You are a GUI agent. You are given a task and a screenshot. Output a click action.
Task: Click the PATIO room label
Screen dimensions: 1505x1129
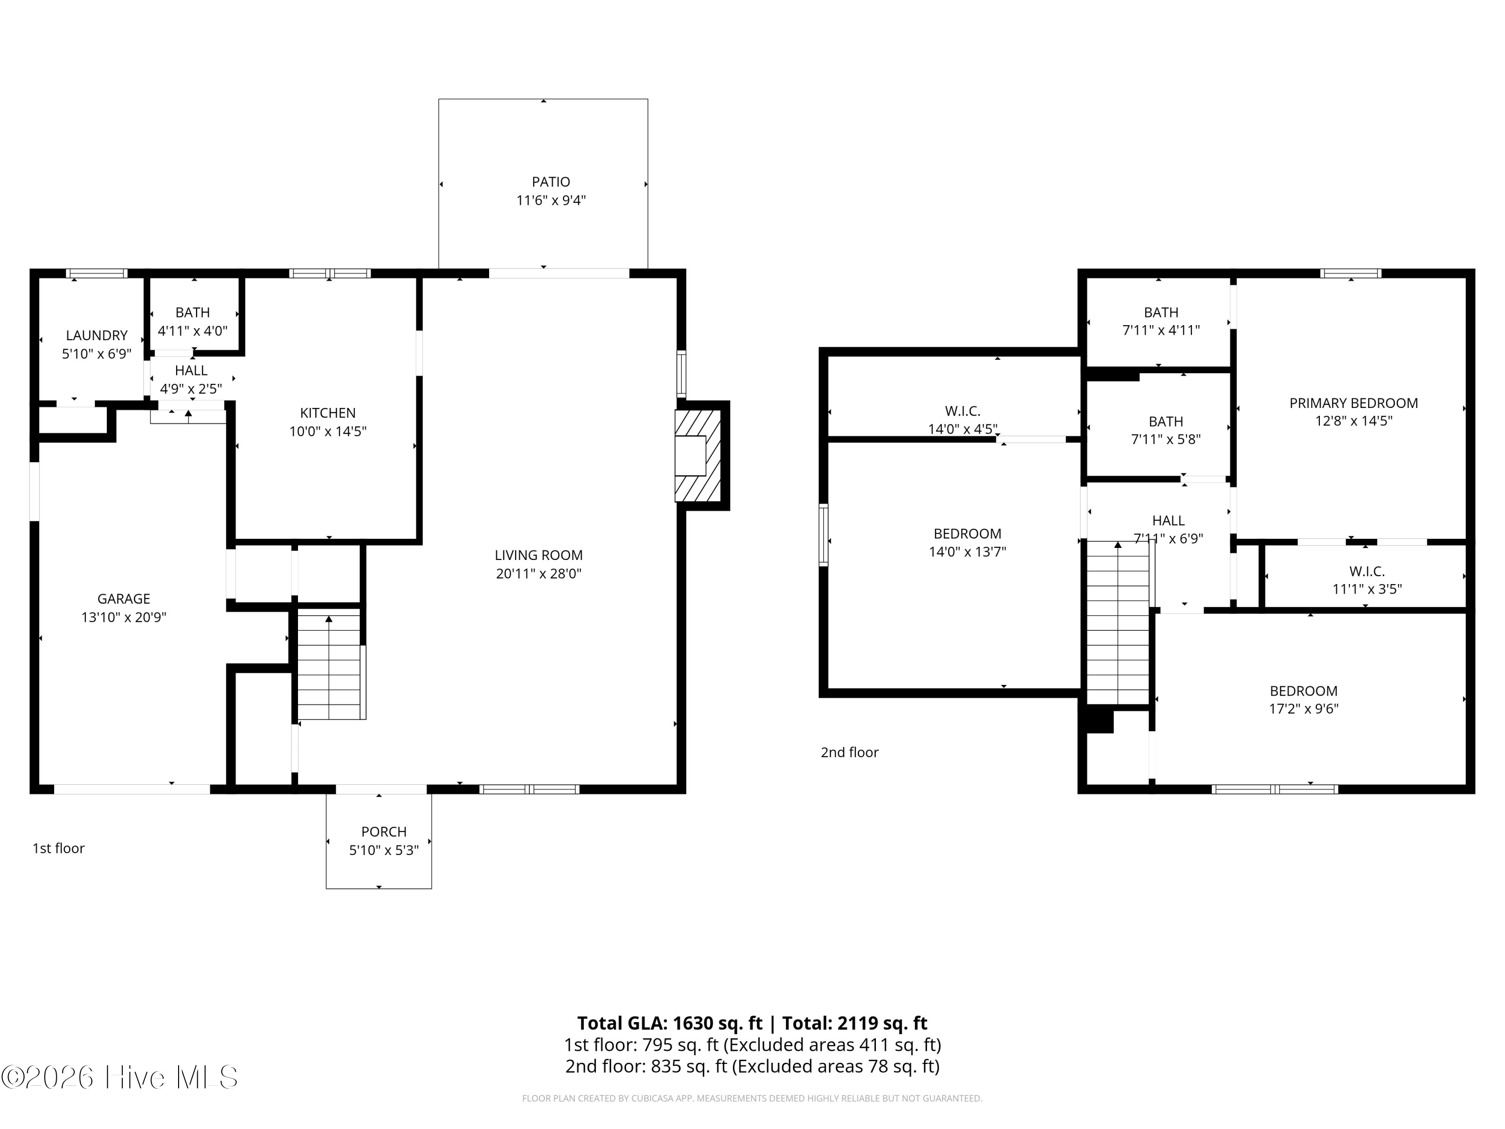[551, 182]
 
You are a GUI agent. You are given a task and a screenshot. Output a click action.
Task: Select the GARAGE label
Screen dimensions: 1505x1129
[124, 599]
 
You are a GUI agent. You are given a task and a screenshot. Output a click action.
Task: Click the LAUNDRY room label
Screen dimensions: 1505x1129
[97, 336]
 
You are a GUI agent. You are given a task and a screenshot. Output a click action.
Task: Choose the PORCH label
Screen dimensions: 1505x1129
[384, 831]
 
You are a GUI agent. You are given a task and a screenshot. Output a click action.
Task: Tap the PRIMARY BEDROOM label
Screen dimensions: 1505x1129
[1354, 403]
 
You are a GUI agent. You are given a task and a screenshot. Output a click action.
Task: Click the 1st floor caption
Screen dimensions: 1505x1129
[59, 848]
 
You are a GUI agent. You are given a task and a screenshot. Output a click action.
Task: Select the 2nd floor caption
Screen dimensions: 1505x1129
[850, 752]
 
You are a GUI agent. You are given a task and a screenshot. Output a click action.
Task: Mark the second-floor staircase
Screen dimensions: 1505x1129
[1118, 623]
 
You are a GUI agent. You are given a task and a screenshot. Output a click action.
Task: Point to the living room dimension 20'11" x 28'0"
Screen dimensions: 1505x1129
[539, 573]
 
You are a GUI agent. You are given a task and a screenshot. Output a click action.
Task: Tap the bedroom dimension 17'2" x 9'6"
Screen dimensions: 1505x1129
[1304, 709]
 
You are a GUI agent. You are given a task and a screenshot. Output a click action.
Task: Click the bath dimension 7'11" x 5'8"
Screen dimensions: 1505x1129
[1165, 439]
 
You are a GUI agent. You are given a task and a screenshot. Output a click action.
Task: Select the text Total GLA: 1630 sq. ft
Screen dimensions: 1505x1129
[670, 1023]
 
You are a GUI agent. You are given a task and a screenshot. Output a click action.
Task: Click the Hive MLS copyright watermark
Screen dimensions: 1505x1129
[120, 1077]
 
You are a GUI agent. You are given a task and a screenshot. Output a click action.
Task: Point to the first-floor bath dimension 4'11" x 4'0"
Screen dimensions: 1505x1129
[193, 331]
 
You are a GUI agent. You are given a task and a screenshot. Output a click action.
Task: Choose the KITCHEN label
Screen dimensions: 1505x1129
[328, 412]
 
